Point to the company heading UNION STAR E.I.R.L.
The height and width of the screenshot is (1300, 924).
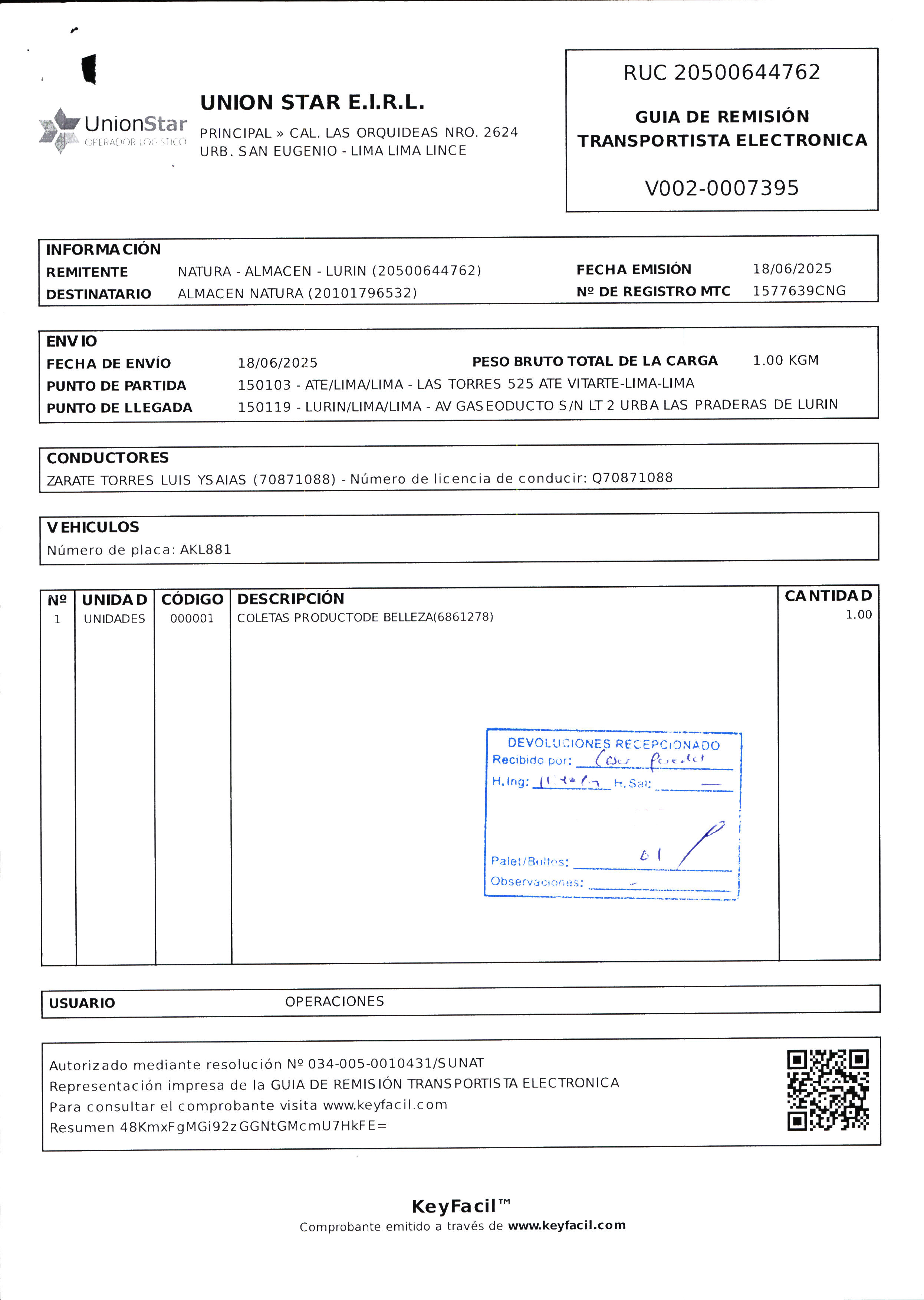[312, 102]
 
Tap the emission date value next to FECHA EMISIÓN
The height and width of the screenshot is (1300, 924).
[792, 269]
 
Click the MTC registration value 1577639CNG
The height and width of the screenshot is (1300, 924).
[799, 291]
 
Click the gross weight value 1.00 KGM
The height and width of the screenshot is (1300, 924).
[785, 360]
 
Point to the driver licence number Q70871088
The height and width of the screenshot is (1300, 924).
[632, 477]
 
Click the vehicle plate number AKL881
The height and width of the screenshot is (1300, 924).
[205, 549]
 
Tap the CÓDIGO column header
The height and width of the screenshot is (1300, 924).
[192, 600]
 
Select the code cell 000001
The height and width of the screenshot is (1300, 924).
[192, 618]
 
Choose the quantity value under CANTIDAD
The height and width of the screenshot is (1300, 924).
[858, 614]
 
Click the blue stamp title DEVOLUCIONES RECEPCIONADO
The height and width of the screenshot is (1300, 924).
[614, 743]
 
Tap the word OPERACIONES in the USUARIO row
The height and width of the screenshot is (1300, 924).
[335, 1001]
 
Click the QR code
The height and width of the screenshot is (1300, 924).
[828, 1090]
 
